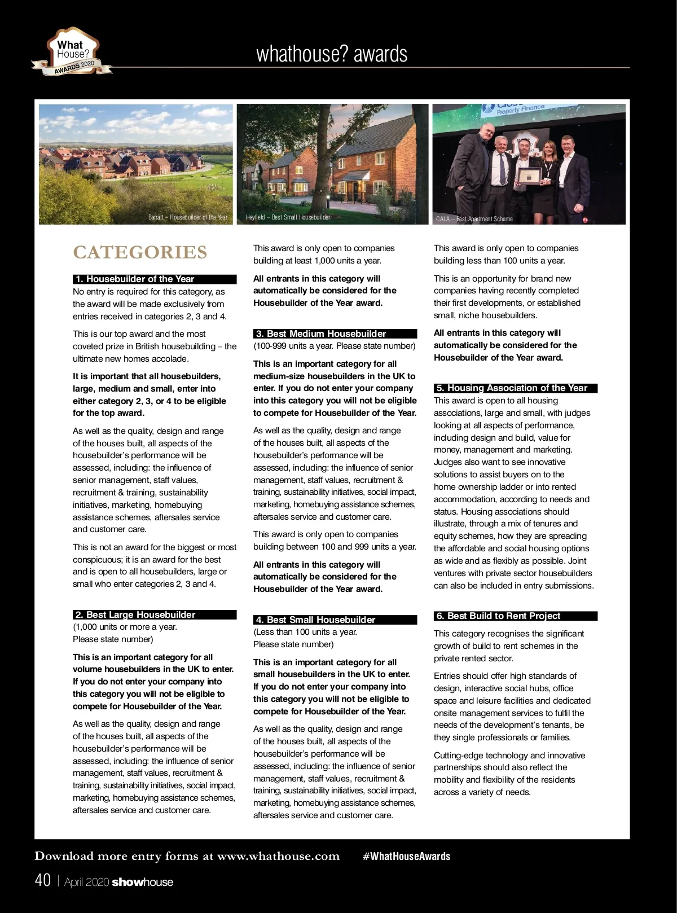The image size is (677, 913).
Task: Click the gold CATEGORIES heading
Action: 140,252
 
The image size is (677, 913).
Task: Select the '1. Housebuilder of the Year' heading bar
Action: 155,279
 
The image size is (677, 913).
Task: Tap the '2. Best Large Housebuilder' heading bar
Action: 155,614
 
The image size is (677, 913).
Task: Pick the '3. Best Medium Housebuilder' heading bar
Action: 335,333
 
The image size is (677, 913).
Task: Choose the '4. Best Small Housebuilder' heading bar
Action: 335,620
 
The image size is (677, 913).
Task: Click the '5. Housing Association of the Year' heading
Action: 515,388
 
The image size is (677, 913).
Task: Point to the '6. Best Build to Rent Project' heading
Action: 515,616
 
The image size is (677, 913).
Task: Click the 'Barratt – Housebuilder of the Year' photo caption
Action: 188,217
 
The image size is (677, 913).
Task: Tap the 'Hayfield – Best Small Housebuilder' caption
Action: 288,217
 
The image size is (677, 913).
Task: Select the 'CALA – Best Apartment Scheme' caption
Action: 474,219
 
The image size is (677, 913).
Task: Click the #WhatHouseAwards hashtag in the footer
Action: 406,856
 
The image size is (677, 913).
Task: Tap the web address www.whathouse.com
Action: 278,856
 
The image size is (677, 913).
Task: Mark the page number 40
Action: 43,880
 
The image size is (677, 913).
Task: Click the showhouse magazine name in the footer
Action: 143,882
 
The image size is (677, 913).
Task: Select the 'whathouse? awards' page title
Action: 332,54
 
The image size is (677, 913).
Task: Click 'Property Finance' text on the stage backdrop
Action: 520,109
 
